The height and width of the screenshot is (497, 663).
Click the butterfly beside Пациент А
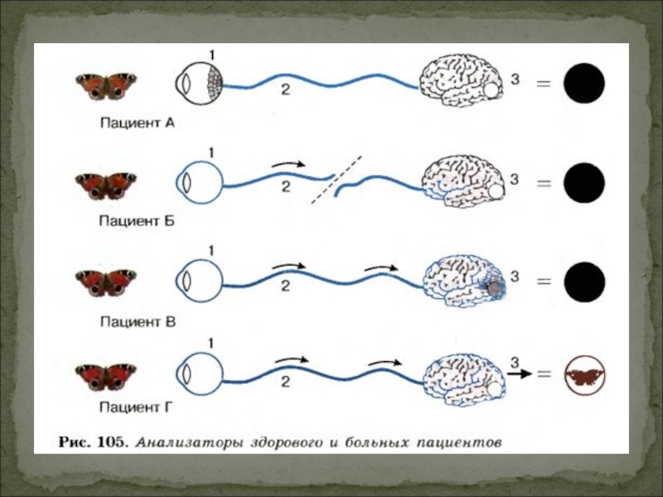pyautogui.click(x=105, y=85)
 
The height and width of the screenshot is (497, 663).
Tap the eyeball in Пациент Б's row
pyautogui.click(x=198, y=181)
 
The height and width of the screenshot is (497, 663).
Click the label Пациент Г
pyautogui.click(x=137, y=407)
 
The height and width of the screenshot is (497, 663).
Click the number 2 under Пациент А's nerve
pyautogui.click(x=285, y=90)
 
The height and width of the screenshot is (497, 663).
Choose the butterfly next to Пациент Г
pyautogui.click(x=105, y=377)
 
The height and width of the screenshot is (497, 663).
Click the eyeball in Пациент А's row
pyautogui.click(x=199, y=84)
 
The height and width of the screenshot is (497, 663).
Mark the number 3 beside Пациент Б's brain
pyautogui.click(x=514, y=177)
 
